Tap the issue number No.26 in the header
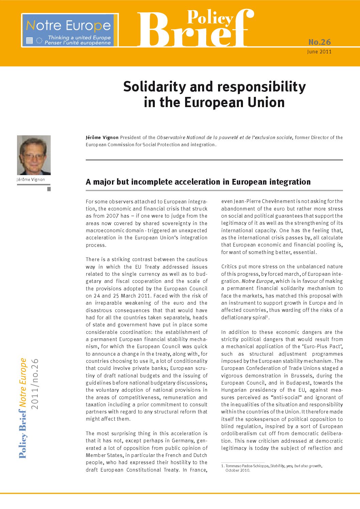point(319,42)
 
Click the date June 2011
point(319,52)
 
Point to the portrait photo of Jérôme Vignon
point(34,155)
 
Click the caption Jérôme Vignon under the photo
point(31,180)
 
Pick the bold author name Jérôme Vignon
point(102,138)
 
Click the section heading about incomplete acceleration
point(198,182)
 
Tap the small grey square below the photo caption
point(49,189)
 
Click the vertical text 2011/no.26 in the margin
point(35,384)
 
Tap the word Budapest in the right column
point(291,383)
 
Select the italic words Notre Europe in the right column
point(257,281)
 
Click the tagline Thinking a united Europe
point(79,37)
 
